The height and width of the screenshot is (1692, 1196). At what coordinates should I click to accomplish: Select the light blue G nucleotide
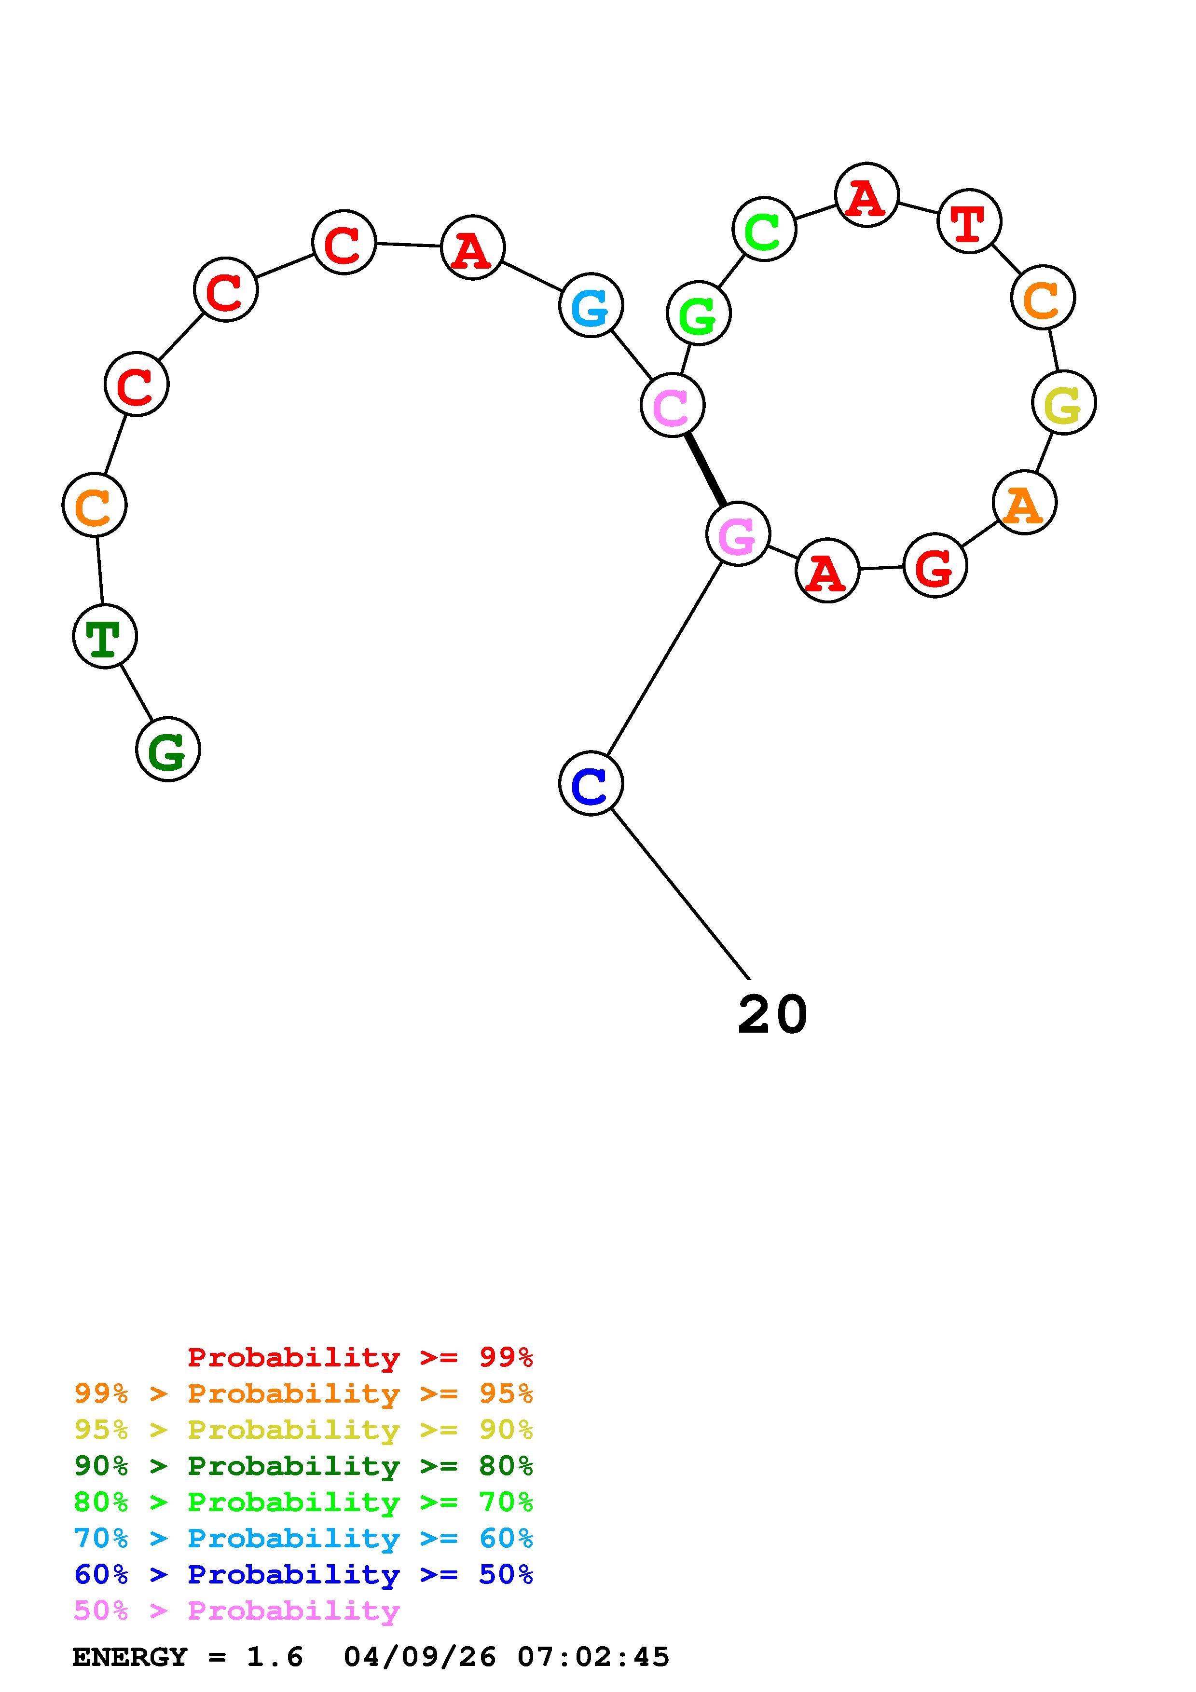pos(591,305)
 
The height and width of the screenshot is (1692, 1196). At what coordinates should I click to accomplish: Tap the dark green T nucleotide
pos(105,636)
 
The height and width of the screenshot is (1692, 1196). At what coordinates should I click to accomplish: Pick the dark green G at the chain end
pos(168,750)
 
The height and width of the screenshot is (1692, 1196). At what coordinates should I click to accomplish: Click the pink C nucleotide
pos(672,405)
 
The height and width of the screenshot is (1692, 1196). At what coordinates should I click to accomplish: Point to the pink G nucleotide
pos(738,534)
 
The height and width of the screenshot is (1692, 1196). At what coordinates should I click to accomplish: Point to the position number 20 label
pos(772,1015)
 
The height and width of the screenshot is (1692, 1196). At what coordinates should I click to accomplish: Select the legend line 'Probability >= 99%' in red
pos(360,1357)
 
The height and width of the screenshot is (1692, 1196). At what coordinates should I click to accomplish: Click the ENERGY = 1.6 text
pos(188,1657)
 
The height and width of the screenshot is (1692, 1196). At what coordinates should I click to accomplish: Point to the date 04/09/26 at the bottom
pos(420,1657)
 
